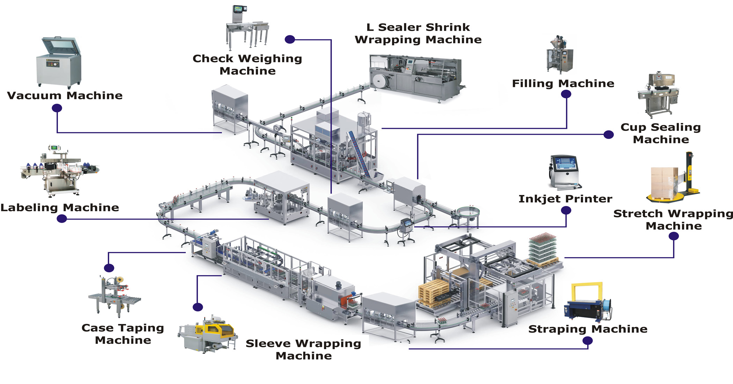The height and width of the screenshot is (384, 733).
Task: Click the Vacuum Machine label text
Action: [x=65, y=96]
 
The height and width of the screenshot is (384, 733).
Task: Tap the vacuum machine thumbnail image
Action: [x=59, y=62]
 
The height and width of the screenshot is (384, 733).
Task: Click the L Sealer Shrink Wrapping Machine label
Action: [x=418, y=34]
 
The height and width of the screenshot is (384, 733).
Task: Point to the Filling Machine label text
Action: [x=563, y=84]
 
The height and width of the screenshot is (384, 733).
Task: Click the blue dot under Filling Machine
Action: [x=566, y=94]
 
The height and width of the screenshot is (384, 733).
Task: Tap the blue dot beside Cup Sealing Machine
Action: [x=608, y=134]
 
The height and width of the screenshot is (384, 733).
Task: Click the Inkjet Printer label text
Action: [x=565, y=199]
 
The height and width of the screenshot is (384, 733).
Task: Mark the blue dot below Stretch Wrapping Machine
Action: [x=673, y=236]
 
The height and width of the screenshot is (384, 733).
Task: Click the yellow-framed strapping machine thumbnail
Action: [x=587, y=302]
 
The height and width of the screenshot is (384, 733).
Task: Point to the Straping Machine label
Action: [x=588, y=329]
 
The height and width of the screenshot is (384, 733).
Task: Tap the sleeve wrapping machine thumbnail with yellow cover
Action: [x=208, y=334]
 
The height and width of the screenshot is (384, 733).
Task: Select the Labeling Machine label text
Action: [x=60, y=208]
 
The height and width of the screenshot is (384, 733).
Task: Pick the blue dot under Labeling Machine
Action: [x=62, y=219]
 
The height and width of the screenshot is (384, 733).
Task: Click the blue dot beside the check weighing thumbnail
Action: [x=290, y=39]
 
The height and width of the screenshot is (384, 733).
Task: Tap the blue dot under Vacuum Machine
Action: [x=57, y=108]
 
